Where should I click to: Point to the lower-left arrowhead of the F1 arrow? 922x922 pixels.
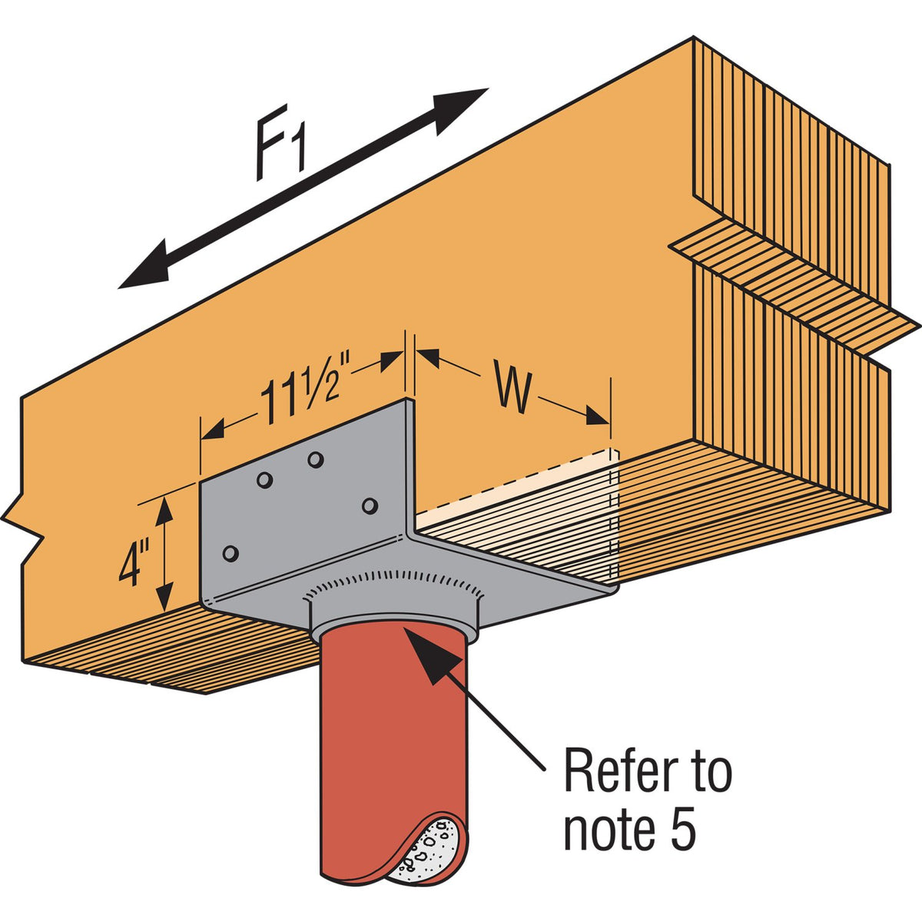point(146,268)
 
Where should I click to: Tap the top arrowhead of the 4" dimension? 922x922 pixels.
point(164,510)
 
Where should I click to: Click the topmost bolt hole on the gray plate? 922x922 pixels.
point(315,459)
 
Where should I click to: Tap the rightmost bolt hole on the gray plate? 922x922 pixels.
point(370,506)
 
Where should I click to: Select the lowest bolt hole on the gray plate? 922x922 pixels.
point(230,553)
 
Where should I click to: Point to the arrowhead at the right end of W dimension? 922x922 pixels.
point(598,416)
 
